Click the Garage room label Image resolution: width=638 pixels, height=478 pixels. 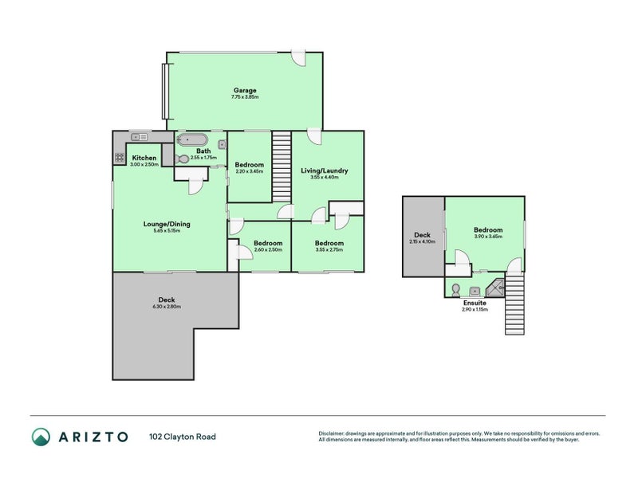pos(245,90)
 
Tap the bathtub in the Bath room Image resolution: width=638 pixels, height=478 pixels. pos(191,140)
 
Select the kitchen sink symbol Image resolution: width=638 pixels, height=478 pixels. pos(139,137)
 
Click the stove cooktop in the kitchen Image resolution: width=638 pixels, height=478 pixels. pos(120,157)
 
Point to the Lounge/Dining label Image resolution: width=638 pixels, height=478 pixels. pos(167,224)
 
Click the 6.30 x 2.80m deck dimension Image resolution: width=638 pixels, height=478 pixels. pos(167,307)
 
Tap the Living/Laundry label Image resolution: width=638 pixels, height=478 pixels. pos(325,170)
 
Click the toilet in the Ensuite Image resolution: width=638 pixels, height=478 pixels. pos(455,289)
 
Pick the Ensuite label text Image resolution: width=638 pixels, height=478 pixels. pos(475,303)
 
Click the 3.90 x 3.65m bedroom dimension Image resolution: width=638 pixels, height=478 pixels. pos(488,236)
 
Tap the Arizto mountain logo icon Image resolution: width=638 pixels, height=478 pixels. pos(41,437)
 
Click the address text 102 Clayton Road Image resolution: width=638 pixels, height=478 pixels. pos(183,437)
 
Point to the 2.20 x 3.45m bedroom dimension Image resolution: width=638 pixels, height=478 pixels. pos(249,171)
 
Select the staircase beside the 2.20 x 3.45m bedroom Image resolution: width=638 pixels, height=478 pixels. pos(282,167)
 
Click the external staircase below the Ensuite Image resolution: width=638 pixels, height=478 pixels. pos(514,304)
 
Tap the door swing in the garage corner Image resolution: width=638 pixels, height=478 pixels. pos(300,59)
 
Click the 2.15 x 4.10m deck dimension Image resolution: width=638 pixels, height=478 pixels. pos(423,241)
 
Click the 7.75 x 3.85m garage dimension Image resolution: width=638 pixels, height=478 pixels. pos(245,96)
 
